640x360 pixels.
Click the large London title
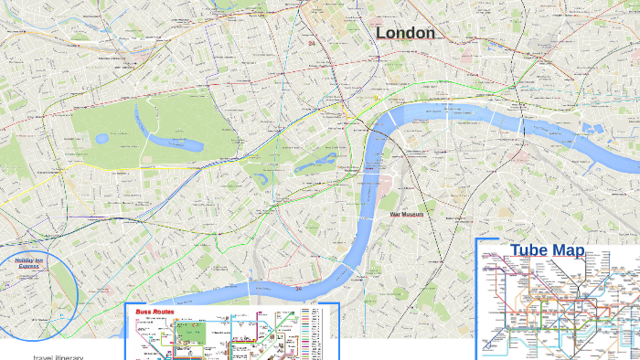[x=406, y=33]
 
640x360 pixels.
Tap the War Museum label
[x=407, y=215]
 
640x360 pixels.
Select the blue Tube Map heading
[x=547, y=250]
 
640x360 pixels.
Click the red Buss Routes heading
[x=155, y=312]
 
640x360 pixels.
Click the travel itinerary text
[x=59, y=356]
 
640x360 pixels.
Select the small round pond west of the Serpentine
[x=101, y=139]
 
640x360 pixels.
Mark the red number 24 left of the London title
[x=312, y=43]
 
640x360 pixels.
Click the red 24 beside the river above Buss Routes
[x=298, y=288]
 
